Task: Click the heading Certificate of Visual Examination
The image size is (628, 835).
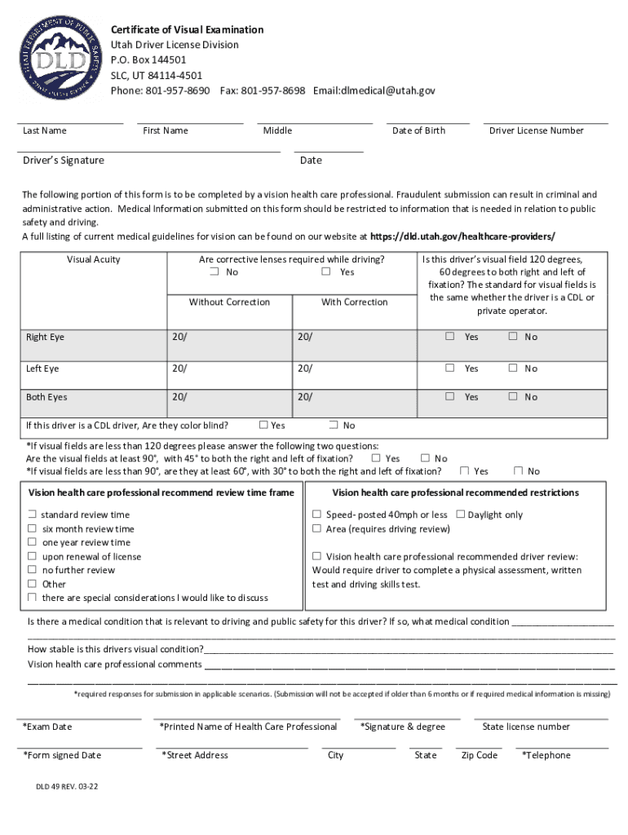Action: [187, 29]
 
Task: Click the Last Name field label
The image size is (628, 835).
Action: [45, 130]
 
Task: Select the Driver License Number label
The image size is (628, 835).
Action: [536, 130]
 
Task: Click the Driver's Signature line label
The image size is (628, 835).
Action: [64, 161]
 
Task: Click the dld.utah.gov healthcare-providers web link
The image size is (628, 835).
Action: [462, 236]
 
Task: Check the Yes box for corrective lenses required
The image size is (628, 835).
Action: [326, 272]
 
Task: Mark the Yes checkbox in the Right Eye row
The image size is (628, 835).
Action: [449, 337]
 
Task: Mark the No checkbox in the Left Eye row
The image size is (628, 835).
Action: [513, 369]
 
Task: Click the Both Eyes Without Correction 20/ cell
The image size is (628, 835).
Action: [228, 397]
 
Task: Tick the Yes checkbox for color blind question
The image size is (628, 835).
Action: [263, 425]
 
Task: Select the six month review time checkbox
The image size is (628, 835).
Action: [32, 528]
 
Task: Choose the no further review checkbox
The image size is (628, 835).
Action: [32, 570]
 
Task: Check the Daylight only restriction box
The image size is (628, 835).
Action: [461, 515]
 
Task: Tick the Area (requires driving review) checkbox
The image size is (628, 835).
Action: [316, 528]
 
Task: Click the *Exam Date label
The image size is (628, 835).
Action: [47, 727]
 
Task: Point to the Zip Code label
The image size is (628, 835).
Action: [479, 755]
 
